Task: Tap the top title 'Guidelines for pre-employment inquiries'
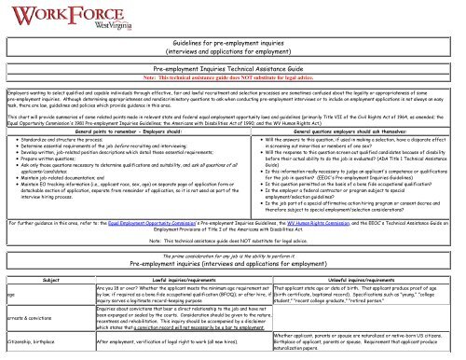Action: pos(233,35)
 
